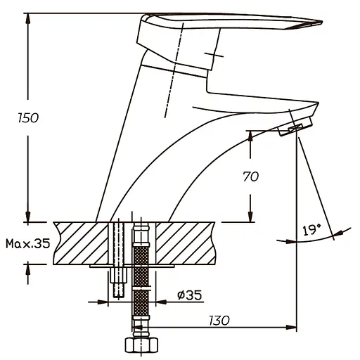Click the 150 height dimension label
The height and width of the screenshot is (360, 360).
click(28, 118)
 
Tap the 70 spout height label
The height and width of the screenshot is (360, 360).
click(250, 176)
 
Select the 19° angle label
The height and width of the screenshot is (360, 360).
click(311, 230)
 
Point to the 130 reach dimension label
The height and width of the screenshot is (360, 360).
click(219, 321)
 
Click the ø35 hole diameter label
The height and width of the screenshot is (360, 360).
click(189, 295)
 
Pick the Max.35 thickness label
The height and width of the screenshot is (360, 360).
click(28, 243)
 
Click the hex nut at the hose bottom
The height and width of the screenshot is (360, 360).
click(141, 345)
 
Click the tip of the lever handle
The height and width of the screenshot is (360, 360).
click(322, 22)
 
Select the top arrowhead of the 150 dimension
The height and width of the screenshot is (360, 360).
click(28, 18)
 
